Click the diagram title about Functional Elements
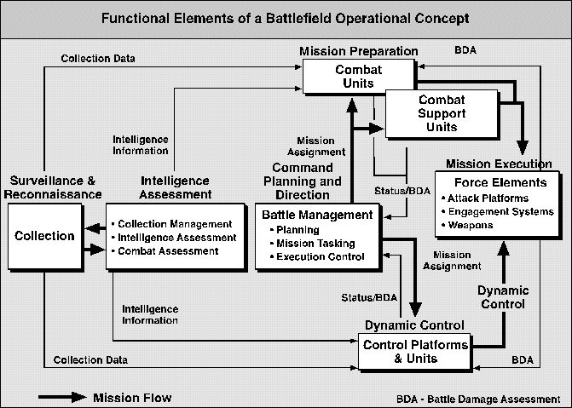click(286, 17)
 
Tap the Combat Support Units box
click(441, 113)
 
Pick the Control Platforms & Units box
click(414, 352)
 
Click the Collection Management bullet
click(167, 223)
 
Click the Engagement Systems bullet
click(498, 212)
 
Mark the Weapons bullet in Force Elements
click(471, 226)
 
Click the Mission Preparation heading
click(358, 51)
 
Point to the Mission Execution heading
click(498, 162)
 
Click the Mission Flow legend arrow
click(61, 397)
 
